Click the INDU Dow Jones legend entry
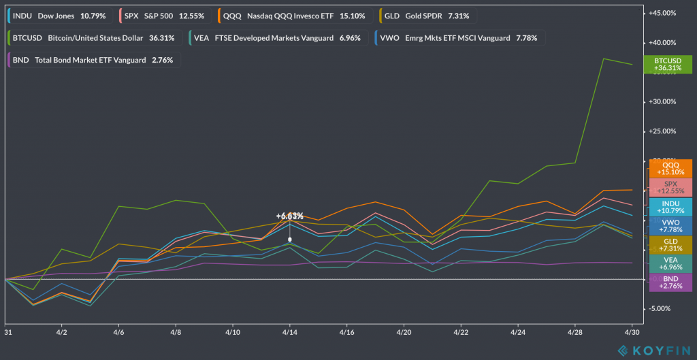pyautogui.click(x=59, y=16)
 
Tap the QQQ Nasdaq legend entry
pyautogui.click(x=292, y=16)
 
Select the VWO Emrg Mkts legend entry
pyautogui.click(x=457, y=38)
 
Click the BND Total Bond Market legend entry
pyautogui.click(x=93, y=60)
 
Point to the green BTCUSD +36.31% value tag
pyautogui.click(x=667, y=64)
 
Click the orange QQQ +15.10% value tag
pyautogui.click(x=670, y=168)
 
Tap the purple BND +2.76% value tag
pyautogui.click(x=670, y=282)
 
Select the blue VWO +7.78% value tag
pyautogui.click(x=670, y=225)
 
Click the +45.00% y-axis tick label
pyautogui.click(x=662, y=13)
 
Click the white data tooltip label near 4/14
pyautogui.click(x=290, y=216)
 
